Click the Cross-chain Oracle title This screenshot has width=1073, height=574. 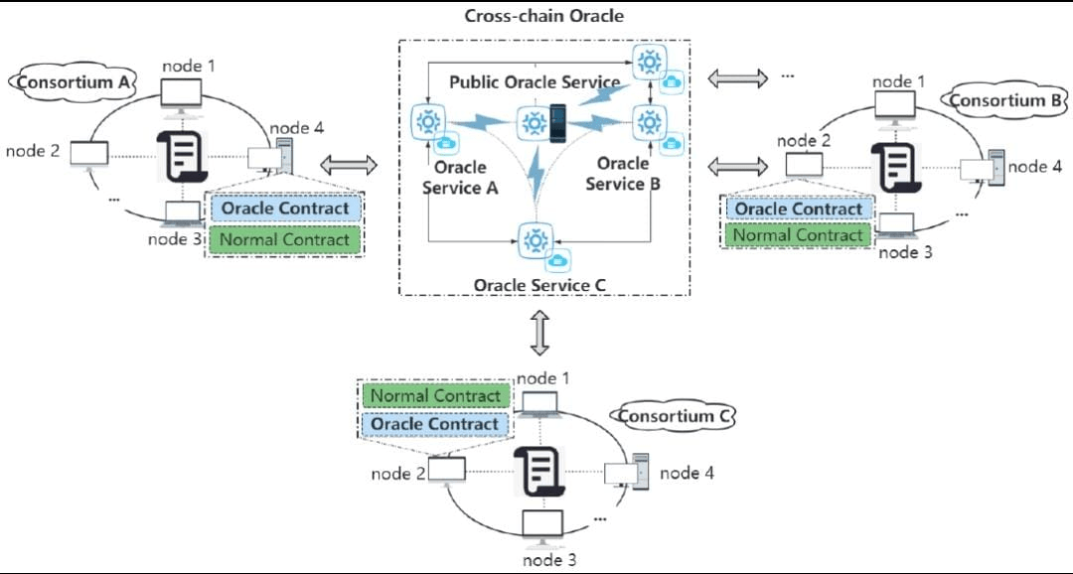[543, 16]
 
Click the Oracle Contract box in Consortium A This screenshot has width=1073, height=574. [285, 209]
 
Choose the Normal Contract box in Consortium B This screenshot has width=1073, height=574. [798, 235]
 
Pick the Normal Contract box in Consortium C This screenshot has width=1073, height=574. [435, 395]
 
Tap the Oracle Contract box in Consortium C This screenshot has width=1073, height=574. [435, 424]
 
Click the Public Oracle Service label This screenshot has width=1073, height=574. [535, 81]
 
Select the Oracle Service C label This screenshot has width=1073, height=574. [539, 285]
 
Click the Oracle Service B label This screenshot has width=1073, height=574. [623, 174]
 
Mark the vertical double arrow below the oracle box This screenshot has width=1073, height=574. [539, 333]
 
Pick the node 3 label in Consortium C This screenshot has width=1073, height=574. [544, 559]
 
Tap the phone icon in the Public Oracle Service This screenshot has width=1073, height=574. [558, 122]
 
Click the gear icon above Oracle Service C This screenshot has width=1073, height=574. [535, 239]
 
